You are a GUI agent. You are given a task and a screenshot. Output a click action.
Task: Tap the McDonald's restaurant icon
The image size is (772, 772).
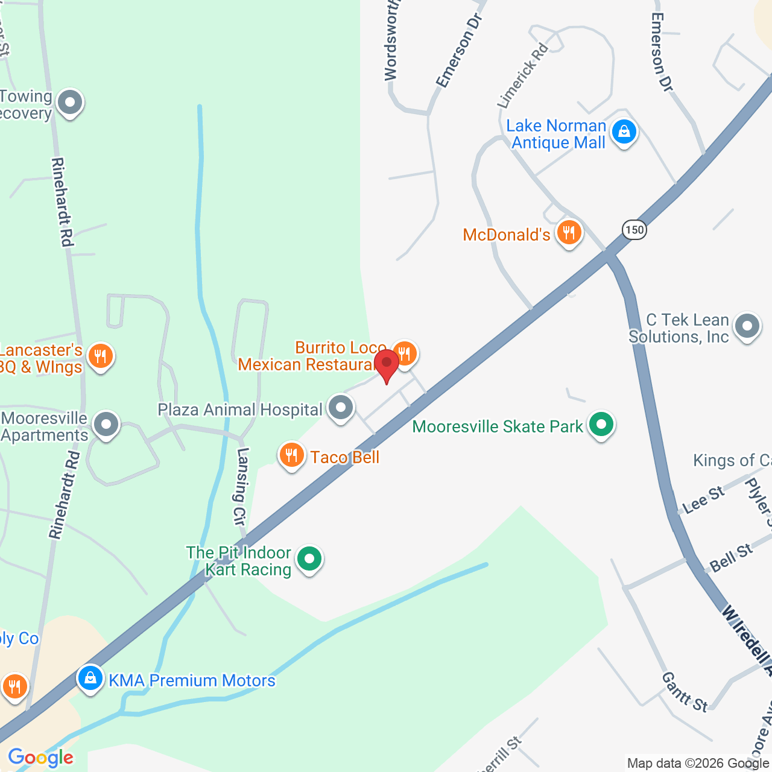[x=569, y=232]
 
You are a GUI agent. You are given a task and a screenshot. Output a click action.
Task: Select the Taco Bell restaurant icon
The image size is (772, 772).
[x=292, y=455]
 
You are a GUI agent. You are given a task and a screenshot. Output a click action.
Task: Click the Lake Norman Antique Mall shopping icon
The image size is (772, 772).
[x=624, y=131]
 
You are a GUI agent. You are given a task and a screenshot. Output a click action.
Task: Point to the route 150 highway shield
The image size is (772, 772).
[x=634, y=230]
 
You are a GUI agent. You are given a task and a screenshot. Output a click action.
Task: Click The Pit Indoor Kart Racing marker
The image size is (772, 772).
[x=309, y=558]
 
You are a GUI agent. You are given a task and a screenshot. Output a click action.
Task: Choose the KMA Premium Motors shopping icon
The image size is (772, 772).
[x=90, y=678]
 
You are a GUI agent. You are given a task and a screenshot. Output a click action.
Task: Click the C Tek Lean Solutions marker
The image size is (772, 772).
[x=747, y=326]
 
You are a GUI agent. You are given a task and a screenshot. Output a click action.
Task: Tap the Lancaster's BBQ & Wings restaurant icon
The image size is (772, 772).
[x=100, y=356]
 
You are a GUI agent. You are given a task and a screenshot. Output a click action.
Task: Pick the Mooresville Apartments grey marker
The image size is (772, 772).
[x=106, y=423]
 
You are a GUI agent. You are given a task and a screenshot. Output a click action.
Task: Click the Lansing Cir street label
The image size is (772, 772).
[x=241, y=485]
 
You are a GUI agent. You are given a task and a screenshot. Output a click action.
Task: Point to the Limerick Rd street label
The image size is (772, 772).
[x=522, y=76]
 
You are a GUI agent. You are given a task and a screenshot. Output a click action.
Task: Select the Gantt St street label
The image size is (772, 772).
[x=684, y=692]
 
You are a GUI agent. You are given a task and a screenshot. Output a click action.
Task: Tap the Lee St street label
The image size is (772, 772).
[x=703, y=500]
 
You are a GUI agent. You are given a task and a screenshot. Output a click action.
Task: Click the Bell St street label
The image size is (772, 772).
[x=731, y=558]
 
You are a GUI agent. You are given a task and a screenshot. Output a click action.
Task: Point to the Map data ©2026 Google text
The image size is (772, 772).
[x=697, y=764]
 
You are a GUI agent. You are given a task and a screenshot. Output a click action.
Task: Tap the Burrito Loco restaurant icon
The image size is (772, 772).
[x=405, y=353]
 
